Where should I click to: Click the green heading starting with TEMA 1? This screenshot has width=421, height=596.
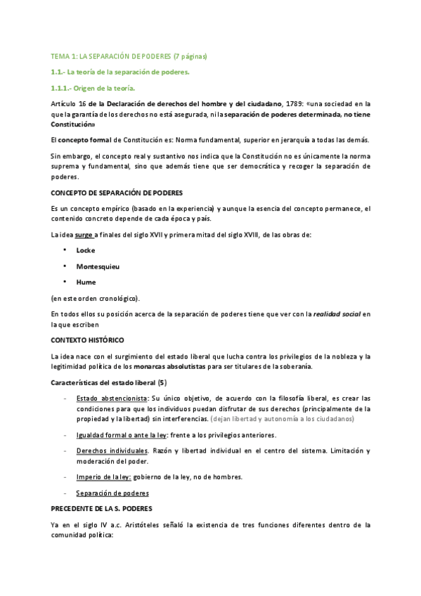click(x=129, y=56)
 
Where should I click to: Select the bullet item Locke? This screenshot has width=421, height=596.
click(x=85, y=250)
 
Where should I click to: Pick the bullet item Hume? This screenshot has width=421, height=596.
click(x=86, y=282)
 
